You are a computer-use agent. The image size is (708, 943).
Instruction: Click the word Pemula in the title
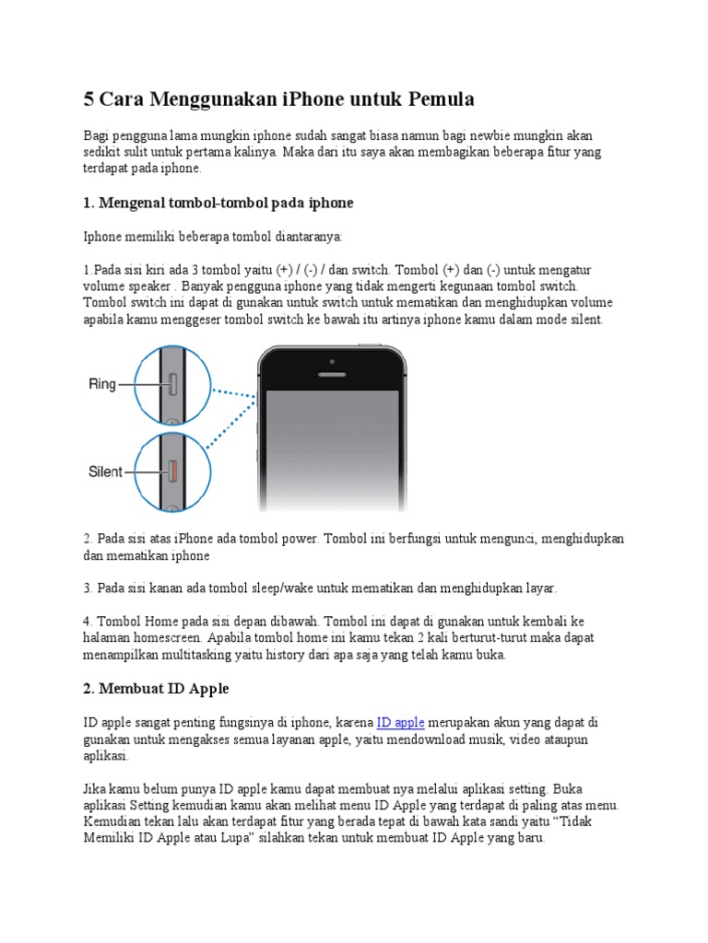tap(432, 99)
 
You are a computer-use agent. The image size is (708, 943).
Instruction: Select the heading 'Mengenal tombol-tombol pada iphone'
tap(218, 202)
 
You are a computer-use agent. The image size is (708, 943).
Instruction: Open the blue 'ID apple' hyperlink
tap(400, 723)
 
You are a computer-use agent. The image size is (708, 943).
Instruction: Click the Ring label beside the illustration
tap(102, 384)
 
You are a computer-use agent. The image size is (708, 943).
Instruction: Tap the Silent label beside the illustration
tap(105, 471)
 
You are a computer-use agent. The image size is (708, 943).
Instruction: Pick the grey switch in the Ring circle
tap(171, 384)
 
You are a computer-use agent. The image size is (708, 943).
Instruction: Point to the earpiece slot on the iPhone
tap(333, 375)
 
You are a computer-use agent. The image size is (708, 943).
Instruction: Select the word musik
tap(499, 739)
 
